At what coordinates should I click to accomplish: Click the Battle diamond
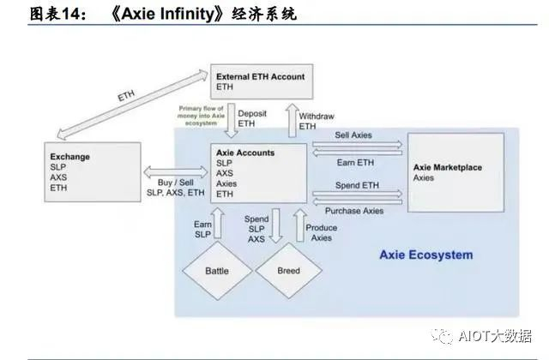(x=217, y=271)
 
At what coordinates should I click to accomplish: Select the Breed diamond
(x=289, y=271)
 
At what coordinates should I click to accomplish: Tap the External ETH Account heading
(x=260, y=76)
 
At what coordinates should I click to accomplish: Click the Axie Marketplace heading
(x=450, y=167)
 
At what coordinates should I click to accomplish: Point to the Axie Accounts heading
(x=245, y=153)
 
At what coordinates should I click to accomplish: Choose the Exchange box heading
(x=70, y=157)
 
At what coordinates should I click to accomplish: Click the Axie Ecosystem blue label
(x=425, y=255)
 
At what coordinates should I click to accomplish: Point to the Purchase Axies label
(x=355, y=211)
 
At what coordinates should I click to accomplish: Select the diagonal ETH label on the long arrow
(x=126, y=97)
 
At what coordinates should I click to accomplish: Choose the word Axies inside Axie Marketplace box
(x=424, y=178)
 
